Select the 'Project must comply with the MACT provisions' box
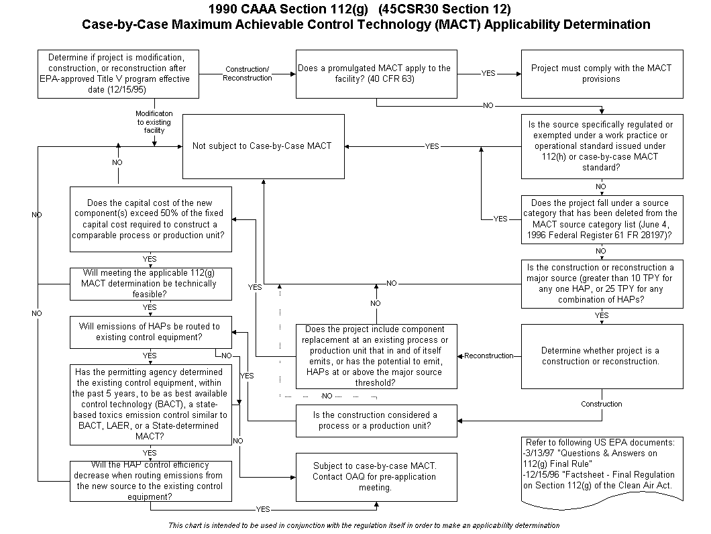point(602,73)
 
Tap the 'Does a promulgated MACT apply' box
point(376,73)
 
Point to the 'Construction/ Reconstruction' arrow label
point(247,74)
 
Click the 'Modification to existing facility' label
point(154,122)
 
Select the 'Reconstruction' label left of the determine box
point(489,356)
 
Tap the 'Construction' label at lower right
point(602,404)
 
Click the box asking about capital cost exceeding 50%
point(151,219)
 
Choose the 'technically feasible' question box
point(151,283)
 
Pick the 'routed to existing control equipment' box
point(151,332)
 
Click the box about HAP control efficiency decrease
point(151,481)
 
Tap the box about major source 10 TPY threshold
point(602,284)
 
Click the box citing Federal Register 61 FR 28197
point(602,219)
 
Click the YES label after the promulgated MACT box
point(488,74)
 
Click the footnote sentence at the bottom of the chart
point(364,525)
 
